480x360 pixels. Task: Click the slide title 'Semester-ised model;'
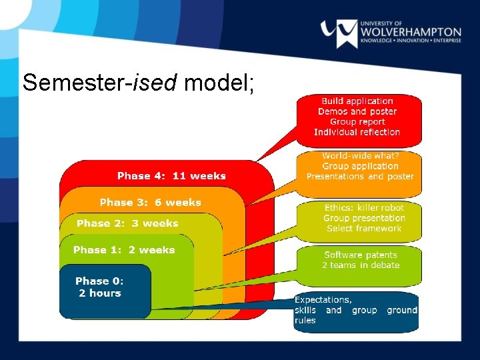point(139,83)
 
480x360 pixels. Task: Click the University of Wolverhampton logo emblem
point(339,32)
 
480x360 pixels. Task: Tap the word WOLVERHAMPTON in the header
point(410,31)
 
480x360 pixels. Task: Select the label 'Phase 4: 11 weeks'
point(171,176)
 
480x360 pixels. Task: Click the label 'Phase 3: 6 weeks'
point(150,203)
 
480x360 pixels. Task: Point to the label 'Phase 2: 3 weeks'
point(127,223)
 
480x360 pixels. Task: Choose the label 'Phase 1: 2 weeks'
point(124,250)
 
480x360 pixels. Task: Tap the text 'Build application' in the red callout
point(357,101)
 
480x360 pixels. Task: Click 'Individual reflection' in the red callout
point(357,132)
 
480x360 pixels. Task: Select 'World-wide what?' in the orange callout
point(360,156)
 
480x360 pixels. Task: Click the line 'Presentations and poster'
point(360,177)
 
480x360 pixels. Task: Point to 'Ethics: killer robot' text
point(364,208)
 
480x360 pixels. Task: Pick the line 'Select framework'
point(364,229)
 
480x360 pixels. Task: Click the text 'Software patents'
point(361,255)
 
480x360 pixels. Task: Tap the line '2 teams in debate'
point(361,265)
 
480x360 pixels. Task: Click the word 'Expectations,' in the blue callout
point(323,300)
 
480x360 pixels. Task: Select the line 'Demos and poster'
point(357,111)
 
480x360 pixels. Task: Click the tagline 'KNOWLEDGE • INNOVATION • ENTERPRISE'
point(410,42)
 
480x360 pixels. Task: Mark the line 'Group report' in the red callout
point(357,122)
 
